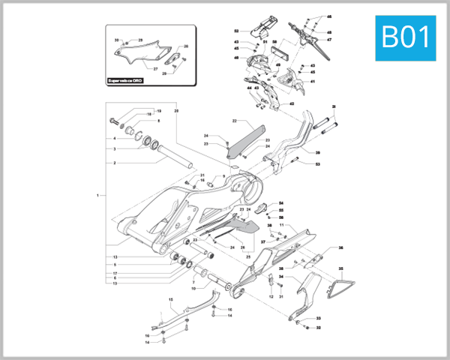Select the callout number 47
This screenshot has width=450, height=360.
point(328,40)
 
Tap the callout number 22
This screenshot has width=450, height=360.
point(234,121)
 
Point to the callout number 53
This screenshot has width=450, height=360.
point(317,163)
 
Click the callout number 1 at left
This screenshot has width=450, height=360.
point(97,195)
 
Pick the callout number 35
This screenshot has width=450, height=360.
point(340,268)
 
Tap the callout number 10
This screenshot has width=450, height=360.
point(193,288)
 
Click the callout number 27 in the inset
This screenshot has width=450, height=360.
point(156,68)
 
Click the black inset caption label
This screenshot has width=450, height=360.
point(133,78)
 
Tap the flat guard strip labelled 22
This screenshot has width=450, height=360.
point(244,142)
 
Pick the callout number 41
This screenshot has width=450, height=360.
point(313,82)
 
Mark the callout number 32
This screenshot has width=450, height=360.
point(318,328)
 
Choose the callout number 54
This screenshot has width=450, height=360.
point(281,203)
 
